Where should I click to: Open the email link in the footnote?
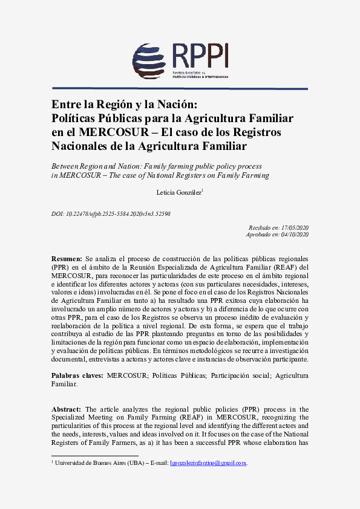pyautogui.click(x=208, y=463)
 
